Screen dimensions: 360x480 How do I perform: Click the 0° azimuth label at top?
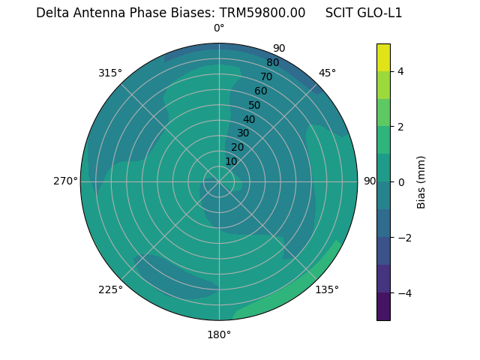[x=219, y=28]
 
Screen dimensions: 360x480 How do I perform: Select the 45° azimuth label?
[x=327, y=73]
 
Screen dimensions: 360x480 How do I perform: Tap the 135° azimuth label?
[x=327, y=289]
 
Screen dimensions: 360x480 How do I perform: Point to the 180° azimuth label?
[x=219, y=334]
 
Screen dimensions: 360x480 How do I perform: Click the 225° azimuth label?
[x=110, y=289]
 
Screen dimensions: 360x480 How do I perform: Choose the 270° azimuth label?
[x=65, y=181]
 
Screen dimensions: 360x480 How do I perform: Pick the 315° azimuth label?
[x=110, y=73]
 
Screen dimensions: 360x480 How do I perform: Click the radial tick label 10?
[x=231, y=161]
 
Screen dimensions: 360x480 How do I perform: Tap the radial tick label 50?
[x=254, y=105]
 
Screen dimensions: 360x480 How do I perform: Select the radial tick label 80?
[x=272, y=62]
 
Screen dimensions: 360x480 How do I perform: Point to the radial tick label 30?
[x=243, y=133]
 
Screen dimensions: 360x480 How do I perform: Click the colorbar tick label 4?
[x=401, y=71]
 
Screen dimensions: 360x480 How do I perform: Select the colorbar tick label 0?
[x=401, y=182]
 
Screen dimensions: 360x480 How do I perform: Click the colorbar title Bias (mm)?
[x=421, y=182]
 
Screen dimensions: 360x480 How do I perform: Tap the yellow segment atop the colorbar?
[x=383, y=57]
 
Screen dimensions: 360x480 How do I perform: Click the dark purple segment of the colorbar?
[x=383, y=307]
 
